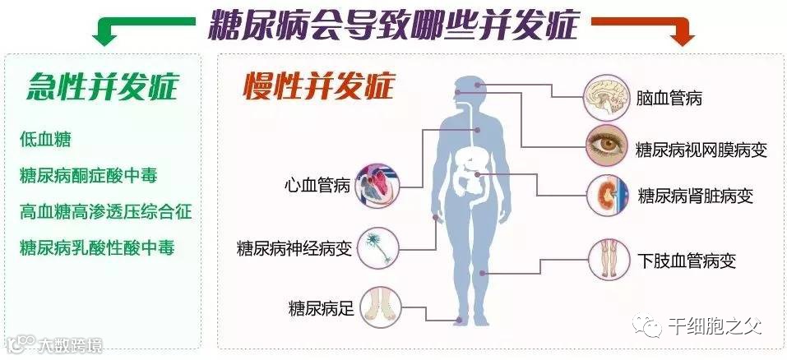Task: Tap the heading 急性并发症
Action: point(102,85)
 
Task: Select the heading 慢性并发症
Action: point(319,85)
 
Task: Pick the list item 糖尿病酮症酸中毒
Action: point(88,175)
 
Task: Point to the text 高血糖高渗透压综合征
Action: point(106,211)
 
